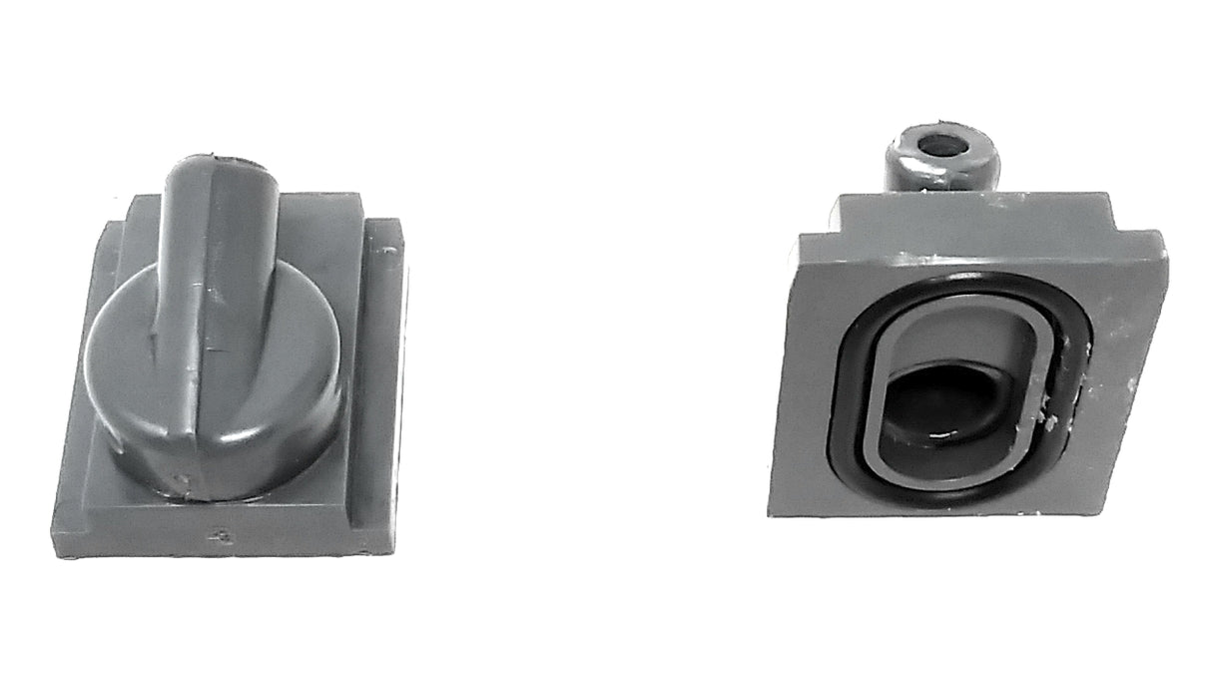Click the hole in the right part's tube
coord(941,145)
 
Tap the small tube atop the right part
coord(942,160)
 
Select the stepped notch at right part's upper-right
coord(1110,215)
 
